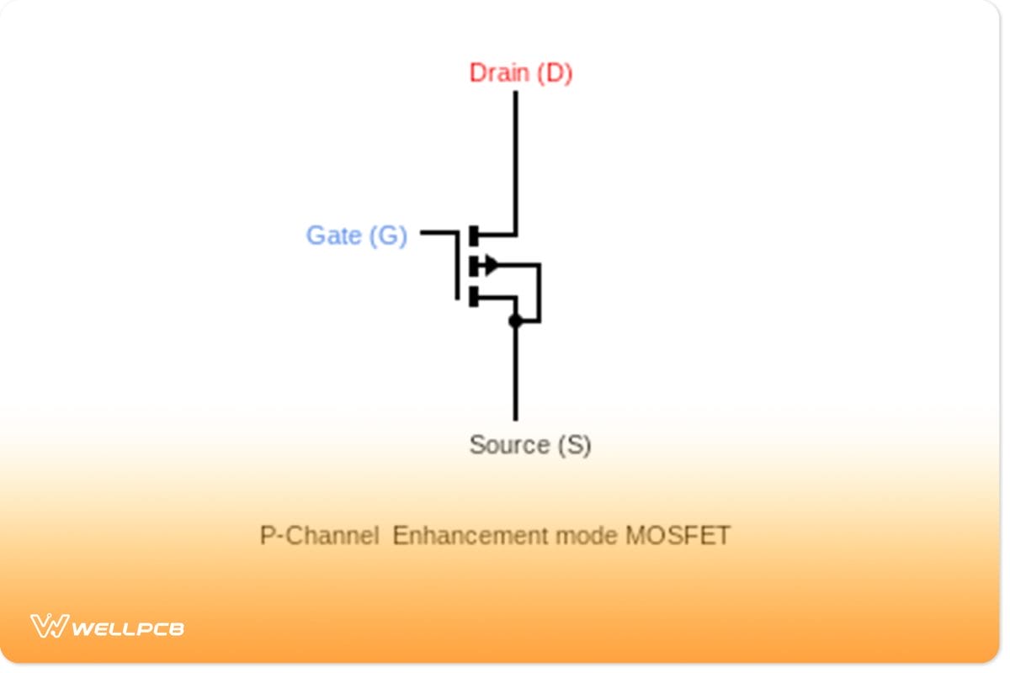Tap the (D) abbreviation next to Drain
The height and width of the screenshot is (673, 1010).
555,73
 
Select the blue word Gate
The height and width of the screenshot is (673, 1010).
334,236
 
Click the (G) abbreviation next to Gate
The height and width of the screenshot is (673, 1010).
388,236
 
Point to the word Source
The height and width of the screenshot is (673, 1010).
508,444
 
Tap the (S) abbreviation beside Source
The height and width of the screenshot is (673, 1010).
574,444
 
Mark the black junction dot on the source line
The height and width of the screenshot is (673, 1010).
515,321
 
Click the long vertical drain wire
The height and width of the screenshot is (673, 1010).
515,160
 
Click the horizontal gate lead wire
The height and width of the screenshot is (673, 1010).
438,231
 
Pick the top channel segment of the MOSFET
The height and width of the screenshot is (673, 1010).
474,235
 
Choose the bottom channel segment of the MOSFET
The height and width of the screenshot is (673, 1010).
474,296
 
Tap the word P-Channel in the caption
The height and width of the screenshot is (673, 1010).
319,536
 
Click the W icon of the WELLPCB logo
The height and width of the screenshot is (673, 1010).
49,626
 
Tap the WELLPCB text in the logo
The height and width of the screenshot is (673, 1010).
128,628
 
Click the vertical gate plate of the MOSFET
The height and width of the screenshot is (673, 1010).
457,265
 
